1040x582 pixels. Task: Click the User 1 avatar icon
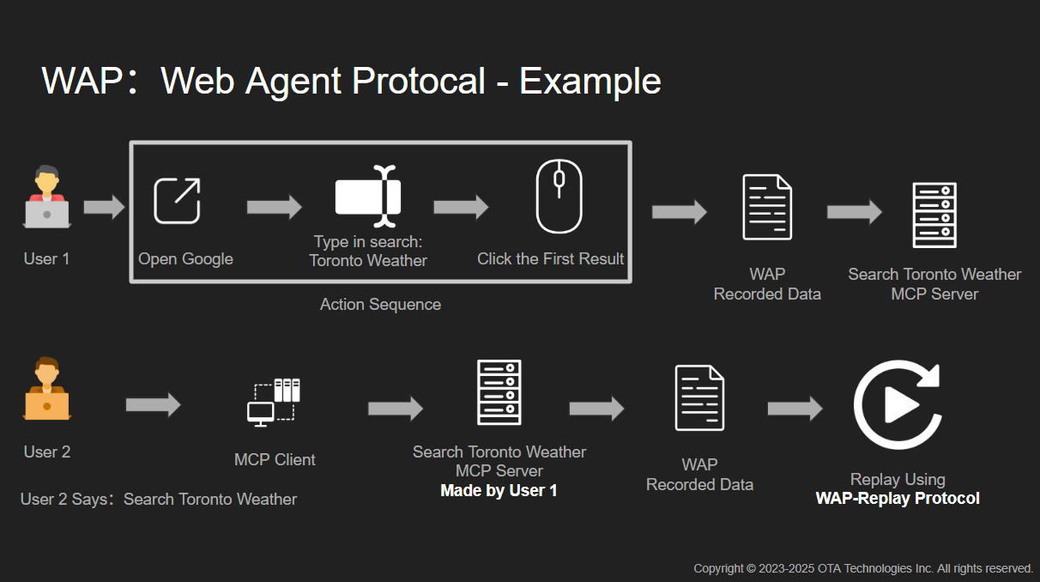[x=47, y=198]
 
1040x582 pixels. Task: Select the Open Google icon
[x=177, y=201]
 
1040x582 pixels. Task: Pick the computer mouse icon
[x=559, y=197]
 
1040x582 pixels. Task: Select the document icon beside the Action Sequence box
[x=767, y=207]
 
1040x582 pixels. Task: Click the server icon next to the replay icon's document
[x=499, y=392]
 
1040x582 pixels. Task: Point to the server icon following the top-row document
[x=934, y=215]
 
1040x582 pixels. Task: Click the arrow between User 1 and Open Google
[x=104, y=208]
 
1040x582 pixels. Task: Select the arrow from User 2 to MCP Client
[x=154, y=404]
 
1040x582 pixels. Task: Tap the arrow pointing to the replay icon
[x=795, y=409]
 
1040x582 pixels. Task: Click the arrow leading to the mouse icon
[x=461, y=207]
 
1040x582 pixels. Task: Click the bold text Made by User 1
[x=499, y=491]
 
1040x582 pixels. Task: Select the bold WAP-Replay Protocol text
[x=898, y=499]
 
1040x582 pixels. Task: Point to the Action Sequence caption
[x=380, y=305]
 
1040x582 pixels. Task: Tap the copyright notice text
[x=863, y=568]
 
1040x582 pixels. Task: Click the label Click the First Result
[x=550, y=259]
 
